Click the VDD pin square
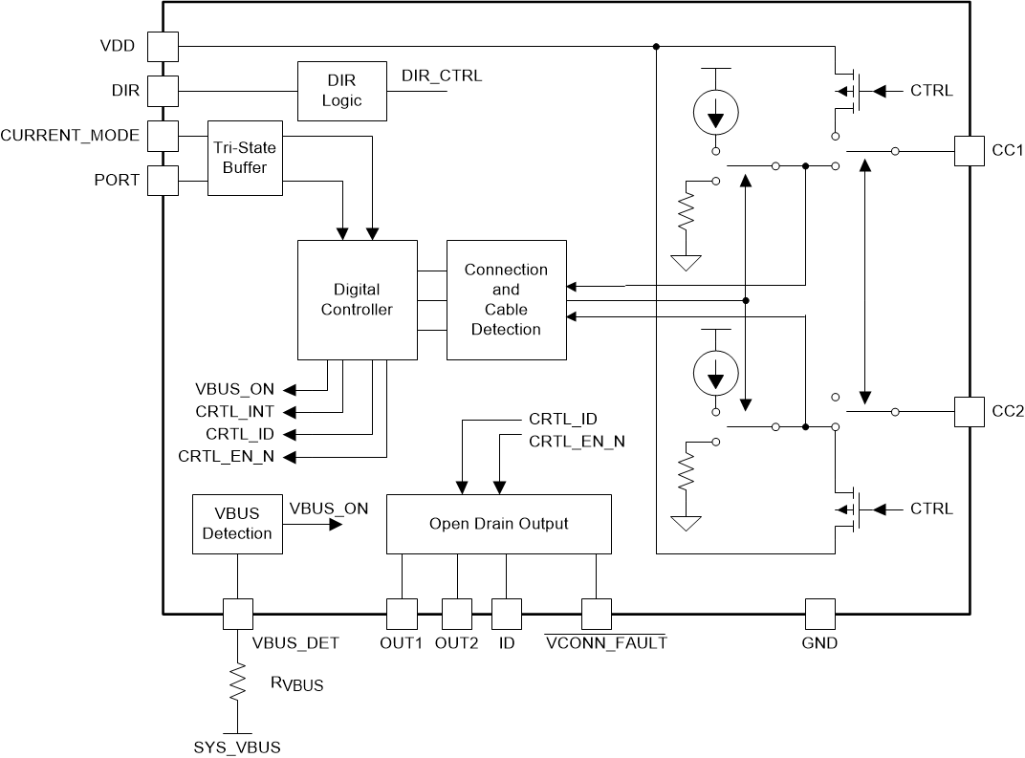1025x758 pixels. coord(164,45)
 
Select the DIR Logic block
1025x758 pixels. coord(342,91)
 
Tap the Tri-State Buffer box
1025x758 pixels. coord(245,158)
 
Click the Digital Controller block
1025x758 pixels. coord(357,299)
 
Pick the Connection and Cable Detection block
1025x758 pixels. coord(506,299)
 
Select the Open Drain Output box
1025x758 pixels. coord(498,523)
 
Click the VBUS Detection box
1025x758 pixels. coord(237,523)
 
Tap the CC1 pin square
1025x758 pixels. coord(970,151)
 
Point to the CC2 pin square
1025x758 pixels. coord(970,412)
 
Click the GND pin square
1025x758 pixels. coord(819,614)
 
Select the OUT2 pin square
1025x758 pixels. coord(457,614)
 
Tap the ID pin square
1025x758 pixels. coord(506,614)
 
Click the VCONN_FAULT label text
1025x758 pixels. coord(605,643)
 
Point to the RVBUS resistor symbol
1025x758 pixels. coord(237,684)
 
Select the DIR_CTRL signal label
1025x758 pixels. coord(442,76)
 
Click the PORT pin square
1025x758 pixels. coord(164,180)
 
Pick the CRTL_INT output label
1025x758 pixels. coord(234,411)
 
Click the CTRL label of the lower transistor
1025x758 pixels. coord(930,509)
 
